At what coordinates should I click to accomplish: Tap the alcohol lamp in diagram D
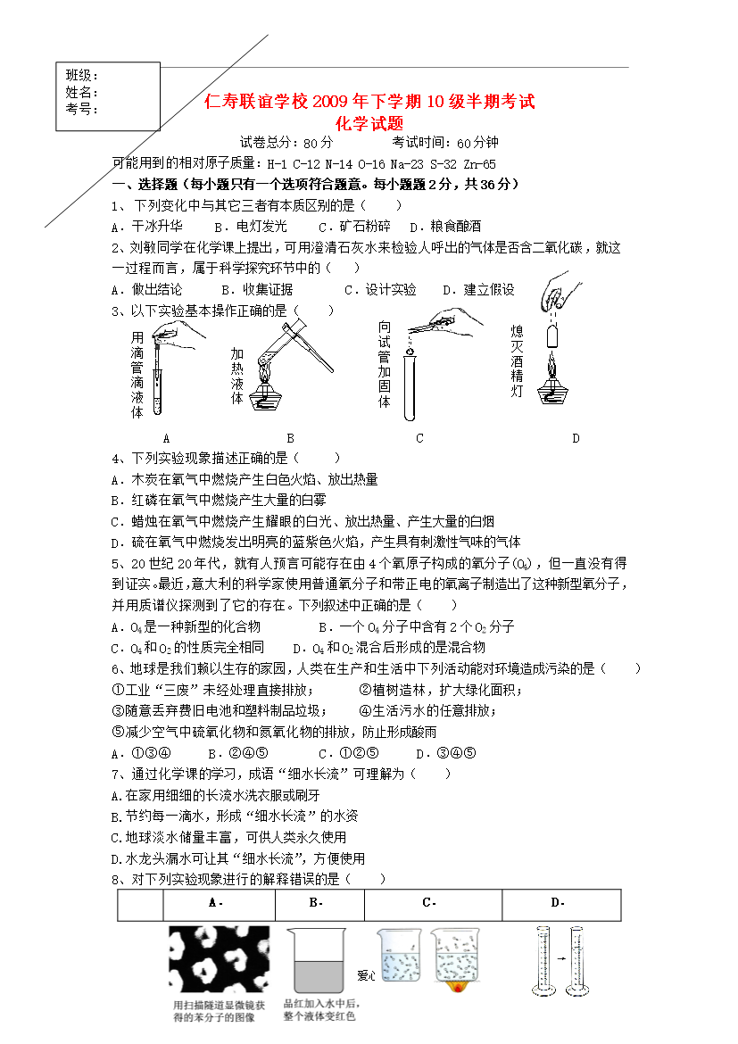tap(554, 385)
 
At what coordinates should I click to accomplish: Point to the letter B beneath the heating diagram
tap(291, 438)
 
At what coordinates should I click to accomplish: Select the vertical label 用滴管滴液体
tap(137, 375)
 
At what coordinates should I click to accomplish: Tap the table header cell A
tap(215, 903)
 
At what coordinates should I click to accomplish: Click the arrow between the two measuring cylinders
tap(553, 960)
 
